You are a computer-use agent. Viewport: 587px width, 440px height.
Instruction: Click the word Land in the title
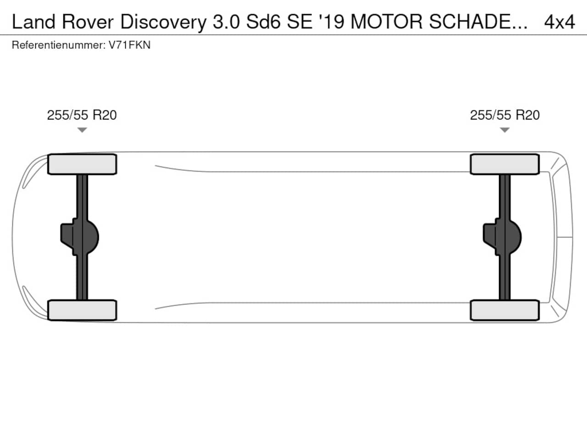33,22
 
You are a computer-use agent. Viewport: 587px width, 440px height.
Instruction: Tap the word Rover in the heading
88,22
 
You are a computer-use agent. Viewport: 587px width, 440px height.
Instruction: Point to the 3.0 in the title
226,22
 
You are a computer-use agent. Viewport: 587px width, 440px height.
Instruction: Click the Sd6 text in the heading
263,22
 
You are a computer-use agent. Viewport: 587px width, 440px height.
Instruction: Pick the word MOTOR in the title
387,22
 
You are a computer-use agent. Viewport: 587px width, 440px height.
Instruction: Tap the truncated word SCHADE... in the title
478,22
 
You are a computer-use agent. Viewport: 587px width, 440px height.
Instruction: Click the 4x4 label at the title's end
559,22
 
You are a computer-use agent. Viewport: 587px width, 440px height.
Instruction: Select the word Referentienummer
59,45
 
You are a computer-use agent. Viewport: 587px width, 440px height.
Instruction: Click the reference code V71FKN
129,45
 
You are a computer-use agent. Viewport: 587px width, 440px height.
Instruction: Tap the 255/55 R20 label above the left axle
82,115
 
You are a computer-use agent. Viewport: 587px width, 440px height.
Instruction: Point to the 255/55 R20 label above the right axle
505,115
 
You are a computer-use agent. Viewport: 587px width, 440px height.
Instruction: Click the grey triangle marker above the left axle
82,130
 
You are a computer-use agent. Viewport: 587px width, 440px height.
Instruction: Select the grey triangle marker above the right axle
504,130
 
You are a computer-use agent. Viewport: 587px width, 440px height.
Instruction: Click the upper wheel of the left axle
82,164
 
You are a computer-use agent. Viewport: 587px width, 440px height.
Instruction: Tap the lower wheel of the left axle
82,310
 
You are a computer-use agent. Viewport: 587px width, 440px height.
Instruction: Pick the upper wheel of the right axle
505,164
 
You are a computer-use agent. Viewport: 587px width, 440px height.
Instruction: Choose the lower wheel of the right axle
505,310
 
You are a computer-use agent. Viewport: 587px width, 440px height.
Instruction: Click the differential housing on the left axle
80,237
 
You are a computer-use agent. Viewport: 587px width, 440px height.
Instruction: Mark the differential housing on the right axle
502,237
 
